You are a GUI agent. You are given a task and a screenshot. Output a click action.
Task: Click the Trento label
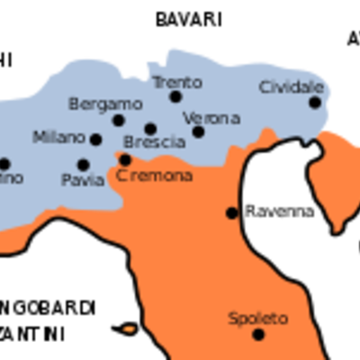(176, 82)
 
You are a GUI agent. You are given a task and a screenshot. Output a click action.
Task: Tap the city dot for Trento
(175, 97)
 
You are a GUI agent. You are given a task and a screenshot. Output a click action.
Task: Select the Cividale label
(291, 87)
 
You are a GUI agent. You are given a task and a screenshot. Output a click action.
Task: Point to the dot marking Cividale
(315, 103)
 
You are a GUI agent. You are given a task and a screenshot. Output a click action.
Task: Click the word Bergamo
(105, 103)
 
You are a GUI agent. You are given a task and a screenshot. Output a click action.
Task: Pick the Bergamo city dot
(118, 121)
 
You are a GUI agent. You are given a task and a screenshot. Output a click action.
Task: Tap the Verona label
(211, 118)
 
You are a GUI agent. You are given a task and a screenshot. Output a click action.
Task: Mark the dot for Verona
(198, 132)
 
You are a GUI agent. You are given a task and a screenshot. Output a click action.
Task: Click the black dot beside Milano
(95, 139)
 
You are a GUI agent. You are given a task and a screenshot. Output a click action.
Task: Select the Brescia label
(154, 143)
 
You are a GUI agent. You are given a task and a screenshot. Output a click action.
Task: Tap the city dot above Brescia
(150, 129)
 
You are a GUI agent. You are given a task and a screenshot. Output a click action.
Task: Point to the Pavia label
(83, 180)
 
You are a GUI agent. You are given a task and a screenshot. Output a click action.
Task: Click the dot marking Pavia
(84, 165)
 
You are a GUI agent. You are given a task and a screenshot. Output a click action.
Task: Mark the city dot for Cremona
(125, 160)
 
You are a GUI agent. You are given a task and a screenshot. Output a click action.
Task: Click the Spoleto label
(257, 319)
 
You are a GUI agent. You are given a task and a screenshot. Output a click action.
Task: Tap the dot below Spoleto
(258, 335)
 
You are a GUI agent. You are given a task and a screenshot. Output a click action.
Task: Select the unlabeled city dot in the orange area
(231, 213)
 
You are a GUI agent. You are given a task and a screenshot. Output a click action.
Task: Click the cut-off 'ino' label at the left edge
(12, 179)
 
